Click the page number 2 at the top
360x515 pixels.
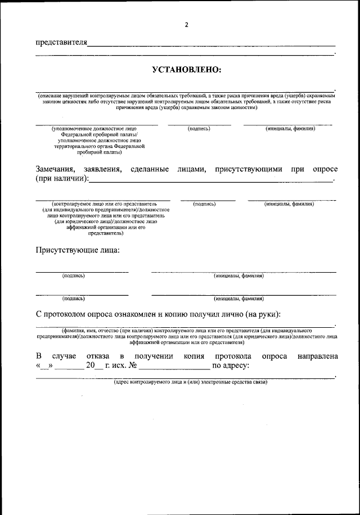186,24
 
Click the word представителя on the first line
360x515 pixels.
61,43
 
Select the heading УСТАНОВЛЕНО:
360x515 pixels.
186,70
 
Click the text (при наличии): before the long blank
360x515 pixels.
62,179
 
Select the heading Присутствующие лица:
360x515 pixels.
78,250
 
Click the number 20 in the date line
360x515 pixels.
91,366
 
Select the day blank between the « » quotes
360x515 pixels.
45,367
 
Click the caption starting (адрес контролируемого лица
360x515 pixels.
190,382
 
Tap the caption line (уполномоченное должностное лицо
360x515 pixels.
94,129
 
